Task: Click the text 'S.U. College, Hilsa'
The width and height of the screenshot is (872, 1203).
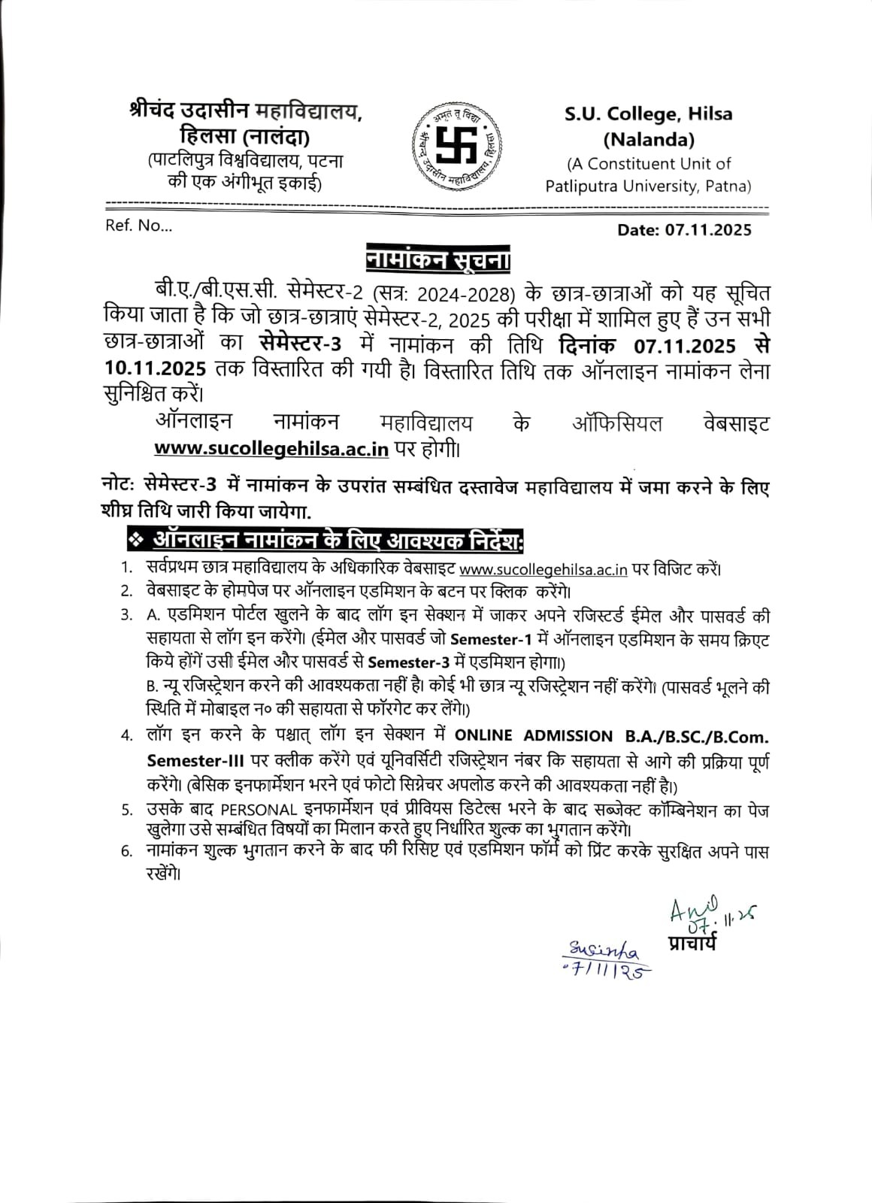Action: (649, 115)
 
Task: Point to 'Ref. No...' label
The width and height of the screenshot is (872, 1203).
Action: (138, 226)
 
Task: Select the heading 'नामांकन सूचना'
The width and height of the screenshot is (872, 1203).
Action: (438, 260)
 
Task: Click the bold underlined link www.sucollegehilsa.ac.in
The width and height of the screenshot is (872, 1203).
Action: (271, 449)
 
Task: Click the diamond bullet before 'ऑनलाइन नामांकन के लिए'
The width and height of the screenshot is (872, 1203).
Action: (135, 540)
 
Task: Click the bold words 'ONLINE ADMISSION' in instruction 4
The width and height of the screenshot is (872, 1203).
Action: (534, 735)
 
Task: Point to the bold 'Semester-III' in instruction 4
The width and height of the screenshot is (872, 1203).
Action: (187, 761)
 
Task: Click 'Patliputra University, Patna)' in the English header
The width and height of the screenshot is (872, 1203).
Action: (648, 186)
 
